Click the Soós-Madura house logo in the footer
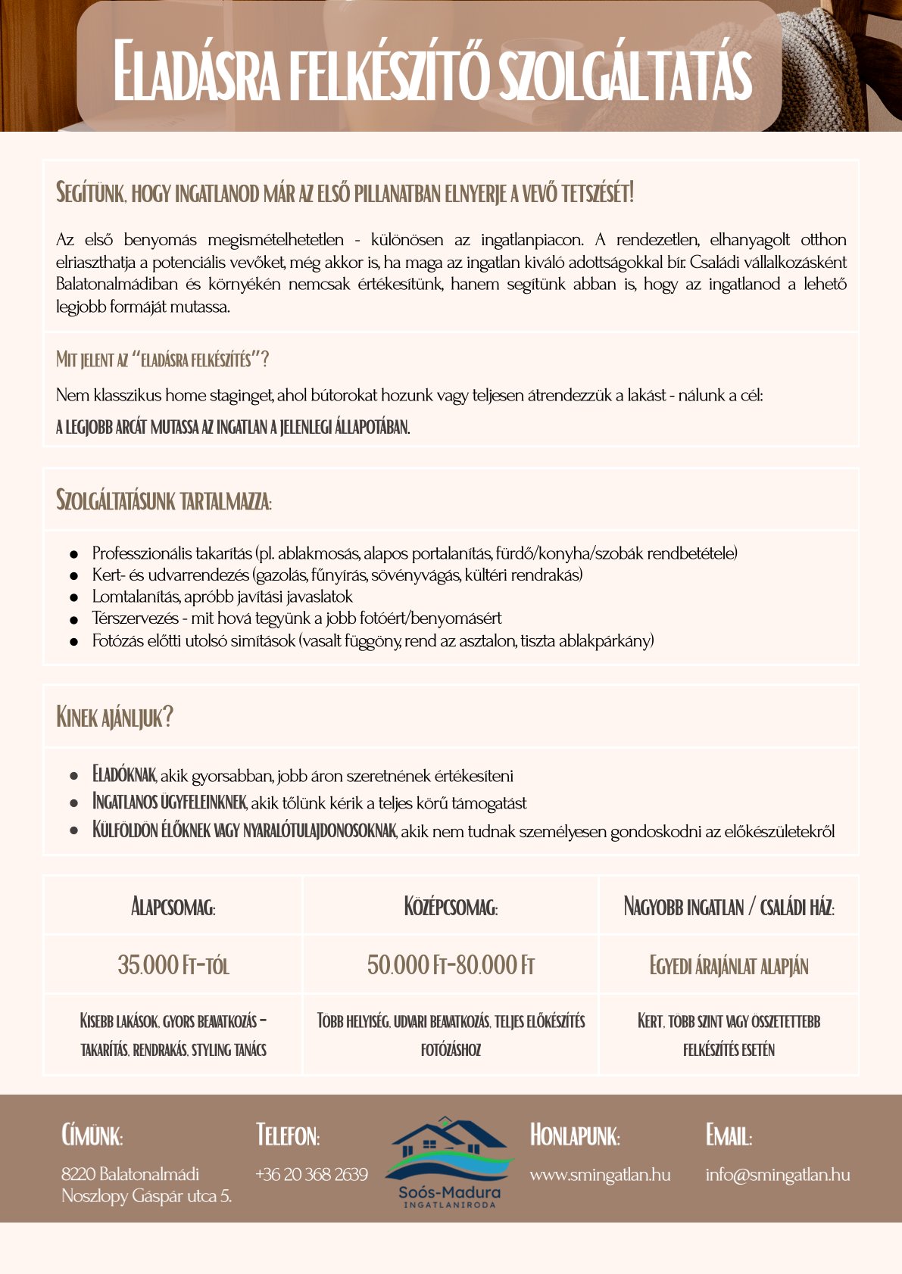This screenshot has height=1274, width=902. [x=449, y=1158]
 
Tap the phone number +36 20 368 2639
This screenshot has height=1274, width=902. [x=311, y=1175]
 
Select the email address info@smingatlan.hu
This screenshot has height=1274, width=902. [x=777, y=1175]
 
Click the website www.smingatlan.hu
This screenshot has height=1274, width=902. [x=600, y=1175]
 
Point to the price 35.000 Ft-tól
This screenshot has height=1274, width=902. [x=173, y=965]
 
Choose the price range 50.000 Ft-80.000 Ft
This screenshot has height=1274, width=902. [x=451, y=965]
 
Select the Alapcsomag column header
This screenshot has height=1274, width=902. [x=173, y=907]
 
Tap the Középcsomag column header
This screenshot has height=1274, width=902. [x=451, y=907]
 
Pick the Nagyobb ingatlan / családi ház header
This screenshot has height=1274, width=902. [x=729, y=907]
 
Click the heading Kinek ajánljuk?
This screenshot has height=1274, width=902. [x=114, y=717]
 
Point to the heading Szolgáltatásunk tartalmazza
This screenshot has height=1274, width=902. [x=164, y=500]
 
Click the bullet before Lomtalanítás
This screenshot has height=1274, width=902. [x=74, y=598]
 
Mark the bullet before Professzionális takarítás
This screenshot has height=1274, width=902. [x=74, y=555]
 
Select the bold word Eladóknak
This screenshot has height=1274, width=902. [x=124, y=775]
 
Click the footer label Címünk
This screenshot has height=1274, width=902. [x=92, y=1135]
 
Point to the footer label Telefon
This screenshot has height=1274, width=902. [x=288, y=1135]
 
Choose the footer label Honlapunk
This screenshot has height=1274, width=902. [x=575, y=1135]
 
